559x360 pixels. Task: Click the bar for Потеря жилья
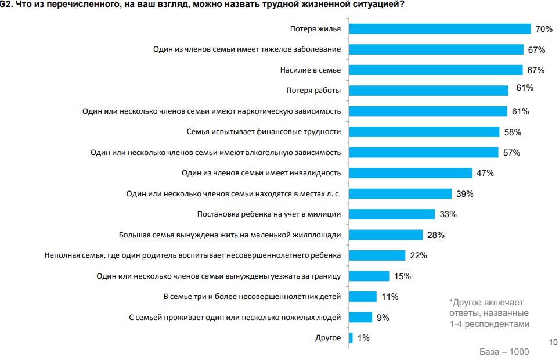click(x=439, y=29)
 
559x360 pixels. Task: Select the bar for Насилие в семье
click(x=436, y=70)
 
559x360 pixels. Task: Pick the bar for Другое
click(x=351, y=338)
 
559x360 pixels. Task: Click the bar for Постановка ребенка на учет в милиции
click(x=392, y=214)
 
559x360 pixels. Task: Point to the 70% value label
click(x=543, y=29)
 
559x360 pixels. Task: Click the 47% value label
click(x=485, y=173)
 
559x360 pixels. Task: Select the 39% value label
click(x=465, y=193)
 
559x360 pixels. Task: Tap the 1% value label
click(x=363, y=338)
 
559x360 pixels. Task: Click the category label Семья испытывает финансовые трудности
click(x=264, y=132)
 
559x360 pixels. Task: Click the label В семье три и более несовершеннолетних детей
click(x=252, y=297)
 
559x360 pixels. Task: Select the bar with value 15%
click(x=369, y=276)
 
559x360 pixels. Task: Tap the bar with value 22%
click(x=377, y=255)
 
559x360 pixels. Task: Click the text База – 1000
click(x=503, y=351)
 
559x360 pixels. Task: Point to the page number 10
click(x=552, y=341)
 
